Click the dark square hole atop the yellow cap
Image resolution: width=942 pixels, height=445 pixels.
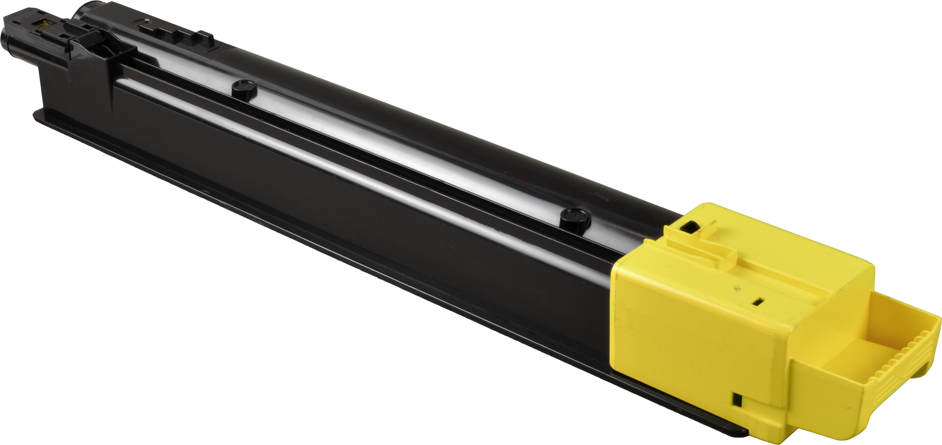688,227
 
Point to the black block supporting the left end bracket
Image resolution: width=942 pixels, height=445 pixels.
73,88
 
